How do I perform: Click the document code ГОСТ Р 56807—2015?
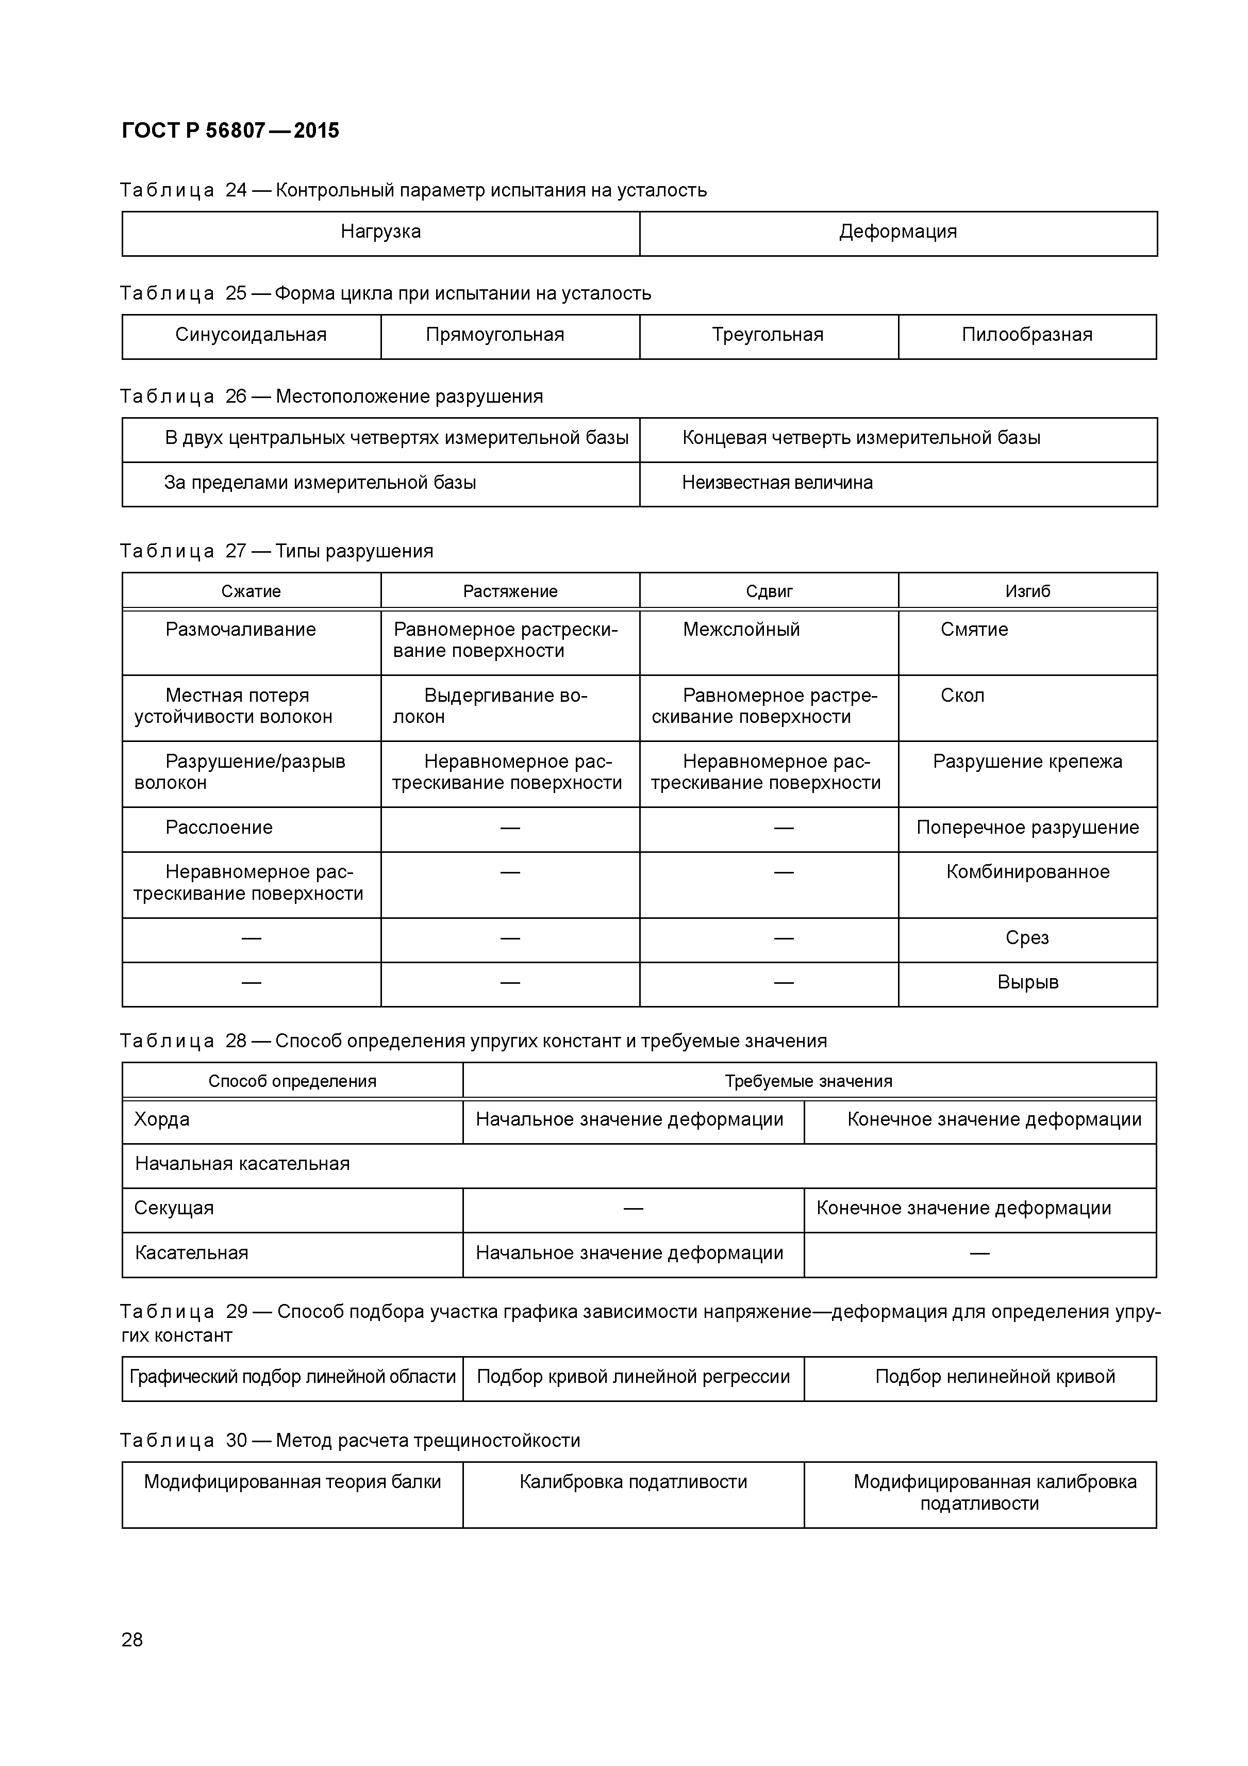point(230,131)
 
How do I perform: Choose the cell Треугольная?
point(768,335)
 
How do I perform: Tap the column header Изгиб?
point(1027,591)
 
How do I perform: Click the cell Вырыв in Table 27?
point(1027,983)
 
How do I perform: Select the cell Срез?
point(1027,938)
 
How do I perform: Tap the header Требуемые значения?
point(808,1081)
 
